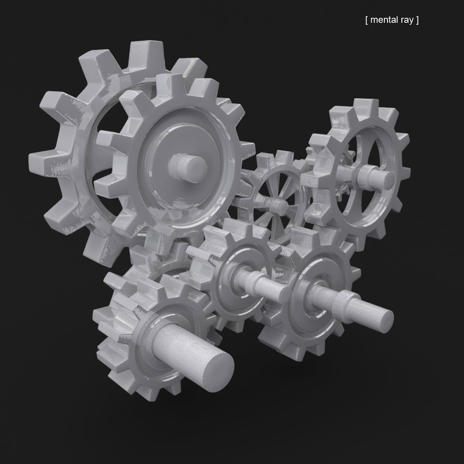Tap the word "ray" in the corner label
(x=408, y=20)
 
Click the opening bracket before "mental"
(x=367, y=20)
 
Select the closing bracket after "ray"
(x=418, y=20)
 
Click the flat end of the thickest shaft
(x=215, y=367)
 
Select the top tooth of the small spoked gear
(x=284, y=158)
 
